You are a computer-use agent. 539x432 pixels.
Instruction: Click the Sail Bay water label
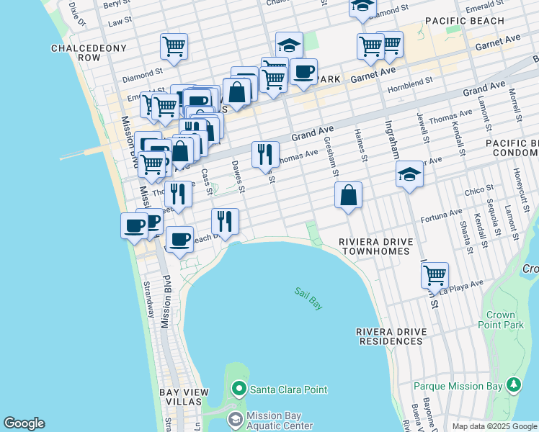(308, 298)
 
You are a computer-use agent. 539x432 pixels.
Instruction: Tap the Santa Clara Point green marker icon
(239, 390)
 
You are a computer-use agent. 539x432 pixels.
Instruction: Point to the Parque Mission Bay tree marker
(514, 385)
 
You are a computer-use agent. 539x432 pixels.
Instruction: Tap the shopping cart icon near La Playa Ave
(435, 274)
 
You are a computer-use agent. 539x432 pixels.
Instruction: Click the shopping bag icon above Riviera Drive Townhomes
(348, 194)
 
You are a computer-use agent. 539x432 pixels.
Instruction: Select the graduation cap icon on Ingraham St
(409, 174)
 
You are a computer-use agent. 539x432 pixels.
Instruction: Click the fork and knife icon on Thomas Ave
(265, 153)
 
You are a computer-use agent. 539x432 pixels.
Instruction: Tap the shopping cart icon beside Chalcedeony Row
(174, 47)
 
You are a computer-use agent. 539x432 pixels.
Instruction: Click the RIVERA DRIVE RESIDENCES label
(391, 336)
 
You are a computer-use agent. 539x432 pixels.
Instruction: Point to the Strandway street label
(149, 299)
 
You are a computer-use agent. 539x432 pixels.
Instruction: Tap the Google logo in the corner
(24, 423)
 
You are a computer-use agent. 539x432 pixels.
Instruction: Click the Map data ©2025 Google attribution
(494, 426)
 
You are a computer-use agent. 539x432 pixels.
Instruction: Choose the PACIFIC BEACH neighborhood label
(465, 21)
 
